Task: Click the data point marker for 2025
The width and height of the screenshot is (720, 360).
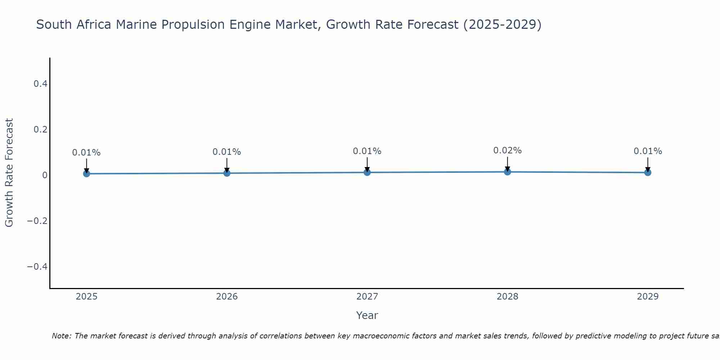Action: pyautogui.click(x=86, y=174)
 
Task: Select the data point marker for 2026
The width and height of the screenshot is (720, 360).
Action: pyautogui.click(x=227, y=173)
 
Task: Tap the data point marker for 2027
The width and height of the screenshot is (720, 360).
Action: pyautogui.click(x=367, y=172)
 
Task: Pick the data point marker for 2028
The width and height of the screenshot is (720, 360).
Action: pyautogui.click(x=507, y=172)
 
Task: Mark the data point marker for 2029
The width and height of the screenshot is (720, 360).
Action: pyautogui.click(x=648, y=172)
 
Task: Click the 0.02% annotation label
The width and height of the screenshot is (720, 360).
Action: pyautogui.click(x=507, y=150)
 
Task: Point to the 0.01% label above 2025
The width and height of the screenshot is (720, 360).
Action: pyautogui.click(x=86, y=153)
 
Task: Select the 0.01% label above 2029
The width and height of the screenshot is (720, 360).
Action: pyautogui.click(x=648, y=151)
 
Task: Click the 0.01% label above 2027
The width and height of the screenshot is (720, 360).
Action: pyautogui.click(x=367, y=151)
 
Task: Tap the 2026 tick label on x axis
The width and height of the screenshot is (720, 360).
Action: pyautogui.click(x=227, y=297)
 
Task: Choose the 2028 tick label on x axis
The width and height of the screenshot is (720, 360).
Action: pyautogui.click(x=507, y=297)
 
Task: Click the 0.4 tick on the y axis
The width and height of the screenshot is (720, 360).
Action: pyautogui.click(x=40, y=84)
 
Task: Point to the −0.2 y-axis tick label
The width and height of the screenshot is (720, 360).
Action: pyautogui.click(x=37, y=221)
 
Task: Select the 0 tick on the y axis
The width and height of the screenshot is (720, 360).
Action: pyautogui.click(x=45, y=175)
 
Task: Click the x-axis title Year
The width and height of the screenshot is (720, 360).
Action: pyautogui.click(x=367, y=315)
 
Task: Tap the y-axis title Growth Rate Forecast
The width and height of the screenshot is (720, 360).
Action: pyautogui.click(x=9, y=173)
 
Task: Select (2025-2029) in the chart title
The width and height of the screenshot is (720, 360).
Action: pyautogui.click(x=502, y=25)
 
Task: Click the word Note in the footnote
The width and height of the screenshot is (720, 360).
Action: pyautogui.click(x=61, y=336)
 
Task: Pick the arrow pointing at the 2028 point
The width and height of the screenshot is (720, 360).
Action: pyautogui.click(x=507, y=164)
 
